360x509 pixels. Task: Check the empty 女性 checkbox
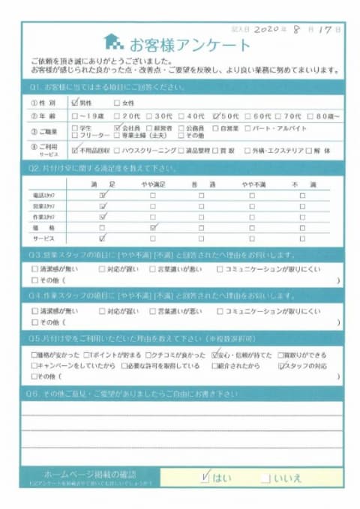116,103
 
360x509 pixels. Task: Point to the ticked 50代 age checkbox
216,116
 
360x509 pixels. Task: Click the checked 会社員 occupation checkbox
116,128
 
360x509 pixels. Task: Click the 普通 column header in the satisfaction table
202,184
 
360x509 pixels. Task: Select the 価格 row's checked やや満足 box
152,226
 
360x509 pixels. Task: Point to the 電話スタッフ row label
46,194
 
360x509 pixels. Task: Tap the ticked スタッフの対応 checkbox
281,366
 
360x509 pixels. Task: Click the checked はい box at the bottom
205,477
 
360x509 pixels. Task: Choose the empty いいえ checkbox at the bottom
265,478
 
